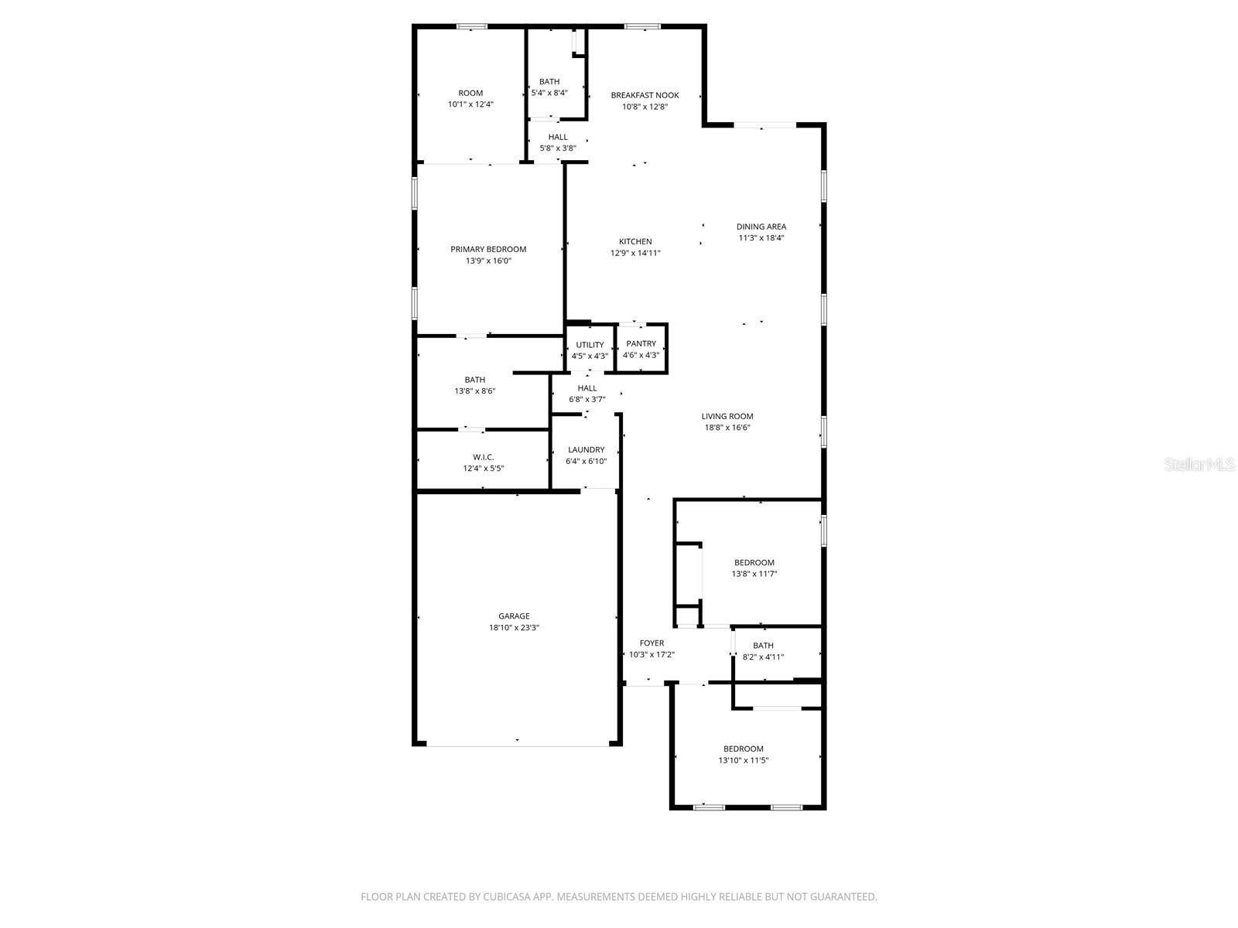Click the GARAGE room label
[514, 616]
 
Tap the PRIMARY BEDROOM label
[488, 249]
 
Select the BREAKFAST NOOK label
[645, 95]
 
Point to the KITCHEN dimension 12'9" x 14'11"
[635, 253]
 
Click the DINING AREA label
[761, 227]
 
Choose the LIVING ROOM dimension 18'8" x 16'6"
[727, 428]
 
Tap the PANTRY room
[641, 349]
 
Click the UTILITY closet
[590, 350]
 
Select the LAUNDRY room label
[586, 449]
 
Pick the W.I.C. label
[484, 457]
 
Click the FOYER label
[651, 643]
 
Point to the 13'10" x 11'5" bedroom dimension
[744, 760]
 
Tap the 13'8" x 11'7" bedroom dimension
[754, 574]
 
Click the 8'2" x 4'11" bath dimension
[763, 657]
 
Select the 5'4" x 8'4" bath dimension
[549, 93]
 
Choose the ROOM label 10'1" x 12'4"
[470, 93]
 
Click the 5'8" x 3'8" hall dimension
[558, 148]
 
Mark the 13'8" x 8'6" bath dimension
[475, 391]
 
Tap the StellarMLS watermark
[1199, 464]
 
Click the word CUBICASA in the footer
[507, 896]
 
